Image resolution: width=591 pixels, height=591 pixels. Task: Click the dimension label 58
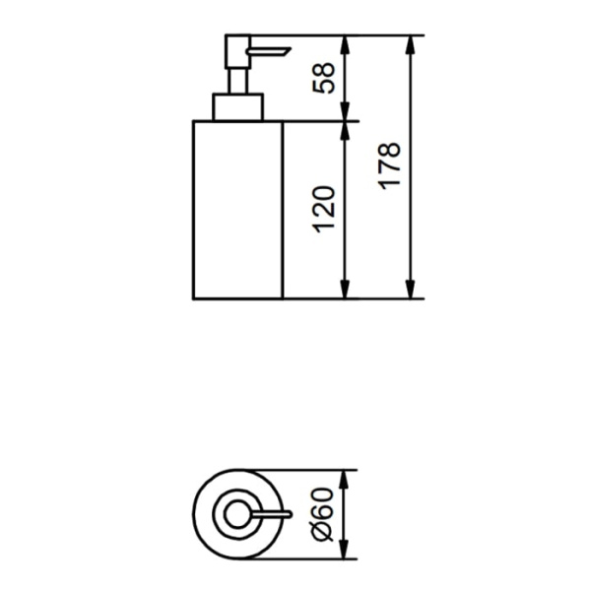pos(324,78)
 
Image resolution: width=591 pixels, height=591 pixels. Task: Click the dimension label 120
pos(324,210)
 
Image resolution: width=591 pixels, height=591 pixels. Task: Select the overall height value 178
pos(389,165)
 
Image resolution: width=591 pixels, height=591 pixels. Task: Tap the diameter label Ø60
pos(324,514)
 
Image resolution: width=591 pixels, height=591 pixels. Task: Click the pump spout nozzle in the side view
pos(268,51)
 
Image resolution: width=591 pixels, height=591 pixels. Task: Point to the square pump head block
pos(237,51)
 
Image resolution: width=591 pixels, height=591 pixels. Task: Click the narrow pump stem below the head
pos(237,81)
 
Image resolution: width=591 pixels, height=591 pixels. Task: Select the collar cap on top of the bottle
pos(237,107)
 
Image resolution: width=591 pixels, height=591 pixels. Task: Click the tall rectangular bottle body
pos(237,210)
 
